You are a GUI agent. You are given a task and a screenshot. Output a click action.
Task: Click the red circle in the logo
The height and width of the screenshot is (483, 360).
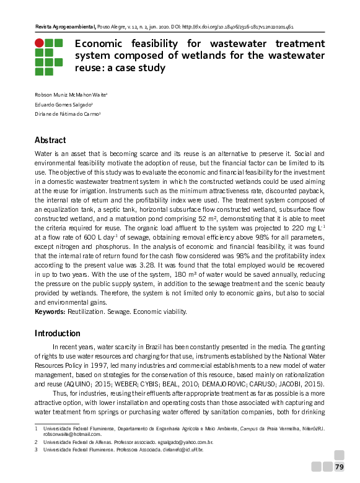click(x=39, y=43)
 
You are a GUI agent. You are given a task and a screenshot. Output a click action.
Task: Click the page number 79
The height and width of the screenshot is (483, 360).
click(x=339, y=466)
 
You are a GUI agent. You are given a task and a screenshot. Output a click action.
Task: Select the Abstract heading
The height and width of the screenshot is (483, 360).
click(x=50, y=140)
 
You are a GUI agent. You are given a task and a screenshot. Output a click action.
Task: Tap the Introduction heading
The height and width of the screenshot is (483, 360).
click(x=58, y=333)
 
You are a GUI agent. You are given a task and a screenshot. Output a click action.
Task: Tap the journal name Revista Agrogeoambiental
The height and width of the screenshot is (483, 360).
click(x=64, y=28)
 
